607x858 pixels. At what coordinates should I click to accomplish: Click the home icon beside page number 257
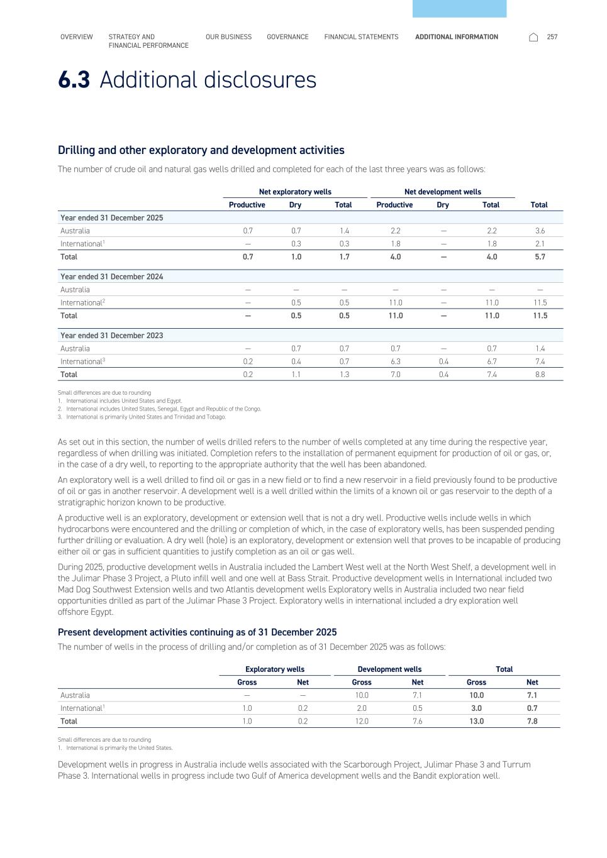[x=533, y=37]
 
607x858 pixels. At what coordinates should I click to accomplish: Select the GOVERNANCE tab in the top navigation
[x=287, y=37]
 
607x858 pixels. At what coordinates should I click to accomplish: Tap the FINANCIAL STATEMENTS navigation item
[x=361, y=37]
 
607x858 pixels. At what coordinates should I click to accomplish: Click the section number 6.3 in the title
[x=74, y=80]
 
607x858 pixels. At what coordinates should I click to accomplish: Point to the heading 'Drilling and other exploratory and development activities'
[x=201, y=150]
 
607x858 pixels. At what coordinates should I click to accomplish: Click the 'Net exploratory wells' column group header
[x=295, y=192]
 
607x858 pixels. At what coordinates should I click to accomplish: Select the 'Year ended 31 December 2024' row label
[x=111, y=277]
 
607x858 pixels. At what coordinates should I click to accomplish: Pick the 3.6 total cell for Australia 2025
[x=539, y=231]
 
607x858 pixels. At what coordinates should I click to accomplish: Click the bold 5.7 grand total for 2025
[x=539, y=257]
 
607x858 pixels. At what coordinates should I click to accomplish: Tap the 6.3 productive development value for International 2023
[x=395, y=361]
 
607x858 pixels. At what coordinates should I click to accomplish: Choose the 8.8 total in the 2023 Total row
[x=539, y=375]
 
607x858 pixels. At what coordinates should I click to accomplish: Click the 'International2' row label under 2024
[x=82, y=303]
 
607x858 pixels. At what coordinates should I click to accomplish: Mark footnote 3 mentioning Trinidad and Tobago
[x=145, y=417]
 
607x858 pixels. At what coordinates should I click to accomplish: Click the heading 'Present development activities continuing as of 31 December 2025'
[x=197, y=632]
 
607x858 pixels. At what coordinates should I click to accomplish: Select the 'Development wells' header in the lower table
[x=389, y=669]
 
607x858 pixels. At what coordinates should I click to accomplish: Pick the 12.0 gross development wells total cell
[x=362, y=722]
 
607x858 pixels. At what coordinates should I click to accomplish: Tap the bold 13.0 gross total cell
[x=476, y=722]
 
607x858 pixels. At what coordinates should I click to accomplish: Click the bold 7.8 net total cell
[x=532, y=722]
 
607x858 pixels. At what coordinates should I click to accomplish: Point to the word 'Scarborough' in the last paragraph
[x=366, y=765]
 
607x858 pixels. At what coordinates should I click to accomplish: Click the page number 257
[x=552, y=37]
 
